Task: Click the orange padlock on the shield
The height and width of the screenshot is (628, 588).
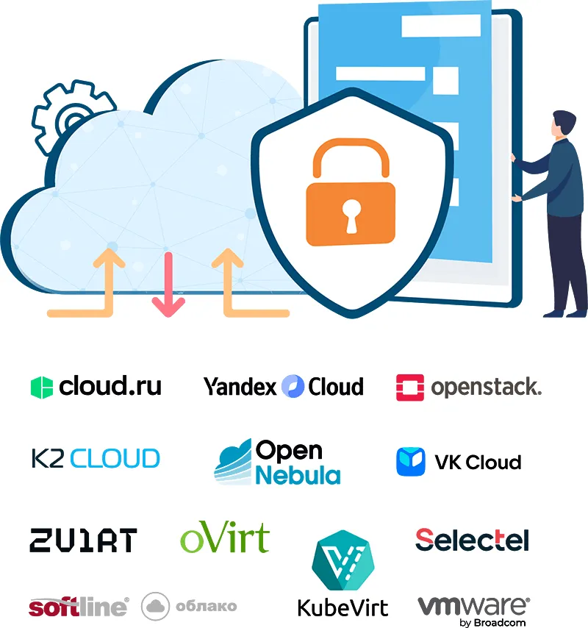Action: pyautogui.click(x=351, y=192)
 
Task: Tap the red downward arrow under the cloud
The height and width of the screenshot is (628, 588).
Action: pyautogui.click(x=168, y=285)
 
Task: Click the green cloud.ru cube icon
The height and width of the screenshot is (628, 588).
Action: pyautogui.click(x=42, y=388)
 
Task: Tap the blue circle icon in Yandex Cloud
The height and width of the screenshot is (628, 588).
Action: pyautogui.click(x=293, y=387)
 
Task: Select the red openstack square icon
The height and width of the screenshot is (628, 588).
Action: pyautogui.click(x=410, y=388)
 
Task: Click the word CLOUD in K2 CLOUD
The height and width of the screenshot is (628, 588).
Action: pyautogui.click(x=115, y=459)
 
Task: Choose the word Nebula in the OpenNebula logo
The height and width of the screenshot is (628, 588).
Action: pyautogui.click(x=298, y=475)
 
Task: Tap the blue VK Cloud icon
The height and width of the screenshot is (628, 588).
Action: pyautogui.click(x=411, y=462)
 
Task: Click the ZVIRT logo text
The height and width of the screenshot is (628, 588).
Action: pyautogui.click(x=83, y=540)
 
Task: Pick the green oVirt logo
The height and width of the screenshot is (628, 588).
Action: pyautogui.click(x=225, y=537)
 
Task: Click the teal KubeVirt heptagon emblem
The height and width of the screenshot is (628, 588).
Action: pyautogui.click(x=343, y=560)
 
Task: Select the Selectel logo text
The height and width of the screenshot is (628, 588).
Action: pyautogui.click(x=473, y=540)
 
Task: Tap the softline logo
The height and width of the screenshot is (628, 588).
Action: pyautogui.click(x=79, y=607)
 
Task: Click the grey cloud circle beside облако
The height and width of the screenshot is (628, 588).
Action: pyautogui.click(x=155, y=606)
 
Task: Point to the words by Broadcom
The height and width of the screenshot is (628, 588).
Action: pyautogui.click(x=492, y=623)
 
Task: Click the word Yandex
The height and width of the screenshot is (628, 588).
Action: pyautogui.click(x=240, y=387)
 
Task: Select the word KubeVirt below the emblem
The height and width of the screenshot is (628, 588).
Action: pyautogui.click(x=343, y=608)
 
